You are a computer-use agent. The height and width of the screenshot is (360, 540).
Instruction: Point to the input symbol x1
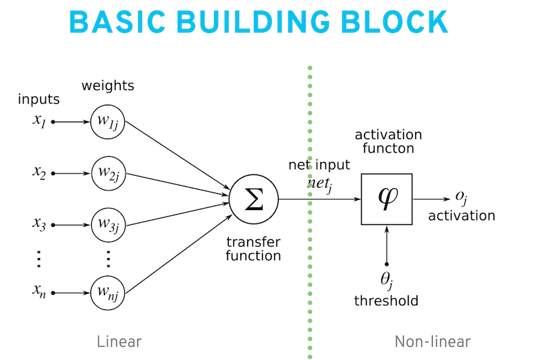(x=39, y=121)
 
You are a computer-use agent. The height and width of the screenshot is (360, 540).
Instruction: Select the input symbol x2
(x=39, y=172)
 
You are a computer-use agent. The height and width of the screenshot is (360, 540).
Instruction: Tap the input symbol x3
(x=39, y=224)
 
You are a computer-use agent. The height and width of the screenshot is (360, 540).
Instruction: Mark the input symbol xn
(x=39, y=291)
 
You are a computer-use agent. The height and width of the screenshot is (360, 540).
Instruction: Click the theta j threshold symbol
(x=387, y=281)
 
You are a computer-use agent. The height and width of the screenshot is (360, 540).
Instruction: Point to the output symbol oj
(x=462, y=198)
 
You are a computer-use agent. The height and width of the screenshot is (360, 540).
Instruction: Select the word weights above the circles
(x=108, y=86)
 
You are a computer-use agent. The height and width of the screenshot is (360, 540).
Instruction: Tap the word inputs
(x=39, y=99)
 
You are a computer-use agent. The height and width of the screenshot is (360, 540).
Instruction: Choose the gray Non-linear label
(x=433, y=342)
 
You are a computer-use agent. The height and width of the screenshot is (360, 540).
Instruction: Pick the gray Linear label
(x=119, y=342)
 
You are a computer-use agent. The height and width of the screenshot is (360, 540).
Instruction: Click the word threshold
(x=386, y=301)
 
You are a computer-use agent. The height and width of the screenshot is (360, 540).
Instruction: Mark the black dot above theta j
(x=387, y=264)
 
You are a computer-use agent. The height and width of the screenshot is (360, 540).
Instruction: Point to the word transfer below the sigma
(x=254, y=242)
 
